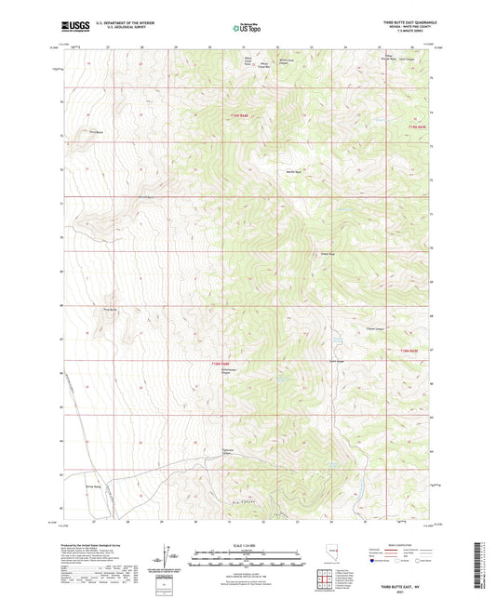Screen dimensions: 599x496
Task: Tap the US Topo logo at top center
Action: tap(248, 28)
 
